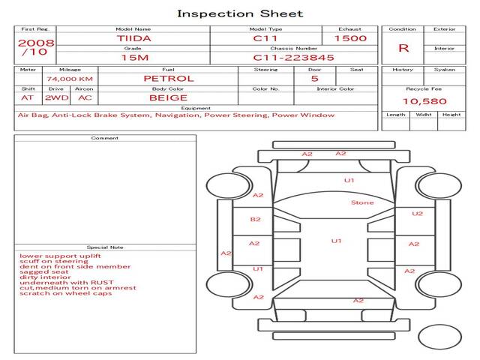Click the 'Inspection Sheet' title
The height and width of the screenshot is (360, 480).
[x=240, y=13]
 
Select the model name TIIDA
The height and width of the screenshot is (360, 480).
[x=133, y=38]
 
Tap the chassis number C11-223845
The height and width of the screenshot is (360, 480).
[x=293, y=58]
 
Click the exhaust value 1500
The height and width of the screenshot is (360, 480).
[x=350, y=38]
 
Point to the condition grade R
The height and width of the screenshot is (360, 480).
[x=403, y=48]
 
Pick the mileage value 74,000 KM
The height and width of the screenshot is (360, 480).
[x=70, y=79]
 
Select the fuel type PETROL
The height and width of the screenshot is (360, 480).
[x=169, y=79]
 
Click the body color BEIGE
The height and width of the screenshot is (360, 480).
[x=168, y=98]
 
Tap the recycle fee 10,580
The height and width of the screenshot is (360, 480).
[x=424, y=101]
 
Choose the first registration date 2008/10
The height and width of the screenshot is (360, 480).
[x=36, y=47]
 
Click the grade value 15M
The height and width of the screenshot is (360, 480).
[x=135, y=58]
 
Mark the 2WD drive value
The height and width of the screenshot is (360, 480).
[x=57, y=98]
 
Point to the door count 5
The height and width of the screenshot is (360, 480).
[x=315, y=79]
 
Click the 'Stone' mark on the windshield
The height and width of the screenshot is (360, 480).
[x=362, y=202]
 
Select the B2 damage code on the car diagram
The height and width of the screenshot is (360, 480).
[x=255, y=220]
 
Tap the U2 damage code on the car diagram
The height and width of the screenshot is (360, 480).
[x=417, y=214]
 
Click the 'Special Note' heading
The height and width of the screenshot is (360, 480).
[x=105, y=247]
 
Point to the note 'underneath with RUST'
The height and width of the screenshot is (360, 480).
[x=67, y=283]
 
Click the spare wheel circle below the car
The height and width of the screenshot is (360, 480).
[x=439, y=337]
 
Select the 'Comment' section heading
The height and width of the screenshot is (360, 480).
[x=105, y=138]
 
